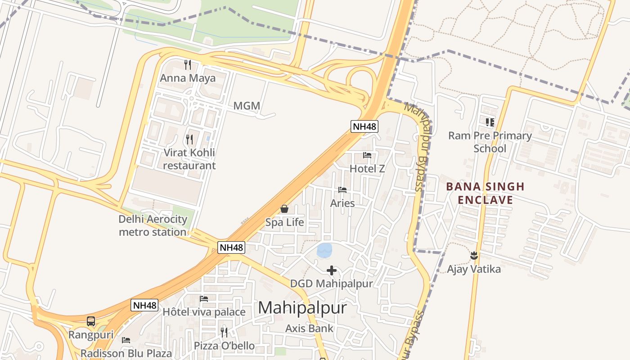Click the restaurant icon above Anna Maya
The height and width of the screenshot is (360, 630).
click(x=188, y=65)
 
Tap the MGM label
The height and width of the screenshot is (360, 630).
click(x=247, y=106)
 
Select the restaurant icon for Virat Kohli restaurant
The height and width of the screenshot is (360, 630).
click(x=189, y=139)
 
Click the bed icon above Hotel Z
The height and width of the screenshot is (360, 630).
click(x=367, y=155)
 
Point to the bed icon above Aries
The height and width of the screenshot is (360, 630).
click(x=342, y=190)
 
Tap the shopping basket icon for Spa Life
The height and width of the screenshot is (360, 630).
click(x=284, y=209)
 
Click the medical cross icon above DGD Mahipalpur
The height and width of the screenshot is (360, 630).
click(x=332, y=270)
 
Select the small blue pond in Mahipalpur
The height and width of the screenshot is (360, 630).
click(x=324, y=250)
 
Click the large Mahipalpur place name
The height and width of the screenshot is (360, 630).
click(x=302, y=308)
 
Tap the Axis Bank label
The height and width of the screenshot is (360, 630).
click(x=310, y=328)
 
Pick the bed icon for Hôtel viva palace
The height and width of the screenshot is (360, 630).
click(x=204, y=298)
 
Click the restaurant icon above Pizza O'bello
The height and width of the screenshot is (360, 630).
click(x=224, y=332)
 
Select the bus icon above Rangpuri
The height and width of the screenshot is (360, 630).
click(x=91, y=321)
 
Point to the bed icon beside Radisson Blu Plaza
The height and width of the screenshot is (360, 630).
click(x=126, y=340)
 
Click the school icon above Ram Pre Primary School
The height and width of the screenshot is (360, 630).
click(x=490, y=122)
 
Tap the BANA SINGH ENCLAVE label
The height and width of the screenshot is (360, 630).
click(x=485, y=193)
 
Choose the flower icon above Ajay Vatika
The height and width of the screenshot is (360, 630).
click(x=473, y=256)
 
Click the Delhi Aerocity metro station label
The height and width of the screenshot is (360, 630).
click(x=153, y=226)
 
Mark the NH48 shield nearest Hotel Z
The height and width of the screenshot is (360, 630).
click(x=364, y=126)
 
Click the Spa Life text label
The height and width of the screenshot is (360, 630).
click(x=284, y=222)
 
